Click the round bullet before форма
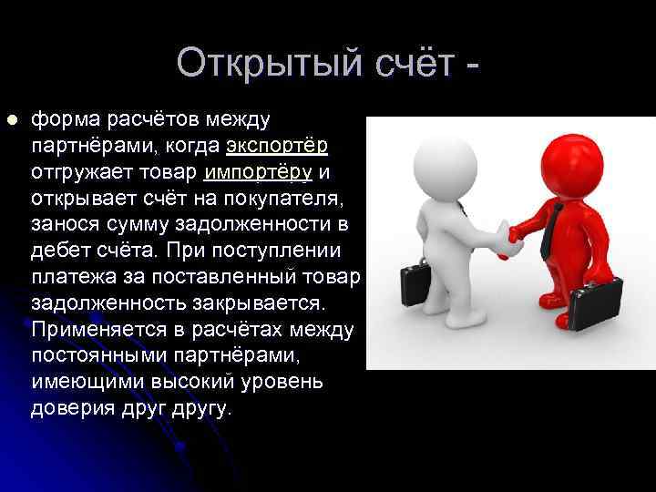pos(11,119)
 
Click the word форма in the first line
pos(68,119)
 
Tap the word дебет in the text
pos(57,251)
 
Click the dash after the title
pos(471,66)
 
